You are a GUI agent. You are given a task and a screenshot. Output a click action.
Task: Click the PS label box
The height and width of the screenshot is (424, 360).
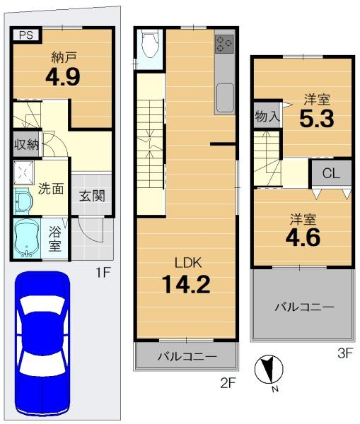pyautogui.click(x=26, y=35)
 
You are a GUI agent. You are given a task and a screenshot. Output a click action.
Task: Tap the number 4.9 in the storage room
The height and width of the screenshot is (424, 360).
pyautogui.click(x=63, y=76)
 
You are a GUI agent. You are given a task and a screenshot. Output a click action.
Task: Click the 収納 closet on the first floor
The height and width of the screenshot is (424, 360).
pyautogui.click(x=26, y=144)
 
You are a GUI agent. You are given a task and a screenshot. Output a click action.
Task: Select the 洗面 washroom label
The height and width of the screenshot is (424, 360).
pyautogui.click(x=51, y=189)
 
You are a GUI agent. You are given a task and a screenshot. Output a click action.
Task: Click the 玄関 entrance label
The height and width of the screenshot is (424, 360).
pyautogui.click(x=92, y=196)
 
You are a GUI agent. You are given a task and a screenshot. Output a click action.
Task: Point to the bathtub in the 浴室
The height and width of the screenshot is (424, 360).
pyautogui.click(x=27, y=238)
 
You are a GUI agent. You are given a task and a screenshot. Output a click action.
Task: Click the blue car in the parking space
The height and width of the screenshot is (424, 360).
pyautogui.click(x=42, y=339)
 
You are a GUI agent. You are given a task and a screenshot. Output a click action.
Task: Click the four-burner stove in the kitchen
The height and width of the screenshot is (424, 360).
pyautogui.click(x=224, y=44)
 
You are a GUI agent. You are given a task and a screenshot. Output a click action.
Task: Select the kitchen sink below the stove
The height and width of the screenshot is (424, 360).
pyautogui.click(x=225, y=98)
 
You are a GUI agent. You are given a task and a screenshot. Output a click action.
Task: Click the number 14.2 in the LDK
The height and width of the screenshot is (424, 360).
pyautogui.click(x=186, y=284)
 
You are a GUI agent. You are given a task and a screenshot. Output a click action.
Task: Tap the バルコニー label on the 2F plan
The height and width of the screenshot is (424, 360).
pyautogui.click(x=187, y=357)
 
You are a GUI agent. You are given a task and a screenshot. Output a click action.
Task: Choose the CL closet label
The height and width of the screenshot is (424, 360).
pyautogui.click(x=331, y=173)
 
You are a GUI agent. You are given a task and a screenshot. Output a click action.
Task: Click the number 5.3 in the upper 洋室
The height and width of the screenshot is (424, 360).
pyautogui.click(x=317, y=119)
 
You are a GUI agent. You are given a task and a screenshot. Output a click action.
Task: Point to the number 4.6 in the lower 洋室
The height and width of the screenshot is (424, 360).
pyautogui.click(x=303, y=237)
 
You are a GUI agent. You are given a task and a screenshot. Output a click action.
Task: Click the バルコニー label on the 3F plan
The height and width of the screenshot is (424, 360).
pyautogui.click(x=304, y=307)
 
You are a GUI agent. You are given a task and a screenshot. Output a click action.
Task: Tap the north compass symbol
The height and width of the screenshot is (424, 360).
pyautogui.click(x=269, y=370)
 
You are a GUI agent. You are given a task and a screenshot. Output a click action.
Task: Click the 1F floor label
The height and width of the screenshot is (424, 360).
pyautogui.click(x=103, y=273)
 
